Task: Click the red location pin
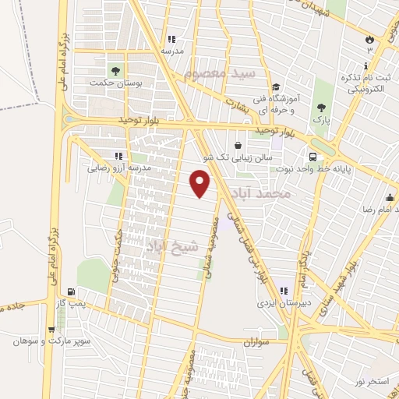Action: pyautogui.click(x=202, y=182)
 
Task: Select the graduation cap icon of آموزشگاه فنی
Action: pyautogui.click(x=275, y=87)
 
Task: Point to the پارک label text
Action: pyautogui.click(x=321, y=122)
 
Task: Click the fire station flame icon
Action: pyautogui.click(x=370, y=37)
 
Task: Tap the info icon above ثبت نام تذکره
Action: pyautogui.click(x=369, y=65)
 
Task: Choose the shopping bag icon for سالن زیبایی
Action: pyautogui.click(x=238, y=145)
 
